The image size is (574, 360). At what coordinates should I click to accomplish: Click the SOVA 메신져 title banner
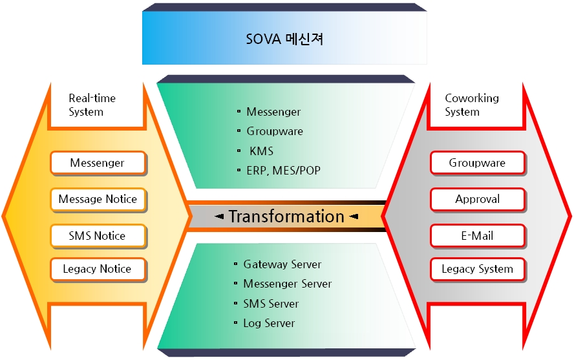pos(284,39)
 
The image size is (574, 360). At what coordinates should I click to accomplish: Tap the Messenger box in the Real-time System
pos(98,163)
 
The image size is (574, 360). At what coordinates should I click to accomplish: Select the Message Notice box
pos(98,199)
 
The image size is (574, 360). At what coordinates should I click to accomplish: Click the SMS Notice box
pos(98,235)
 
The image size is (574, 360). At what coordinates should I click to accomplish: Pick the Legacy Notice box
pos(98,269)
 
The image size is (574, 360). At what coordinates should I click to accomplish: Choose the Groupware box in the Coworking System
pos(477,163)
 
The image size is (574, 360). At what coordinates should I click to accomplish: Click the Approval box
pos(477,199)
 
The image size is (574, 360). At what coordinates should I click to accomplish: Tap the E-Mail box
pos(477,235)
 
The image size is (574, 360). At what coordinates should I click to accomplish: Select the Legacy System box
pos(477,269)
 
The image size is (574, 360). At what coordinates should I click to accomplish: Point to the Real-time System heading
pos(92,105)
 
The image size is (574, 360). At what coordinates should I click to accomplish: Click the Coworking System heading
pos(472,105)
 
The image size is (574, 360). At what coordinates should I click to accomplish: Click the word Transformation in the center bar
pos(286,217)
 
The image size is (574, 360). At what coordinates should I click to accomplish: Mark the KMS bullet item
pos(261,151)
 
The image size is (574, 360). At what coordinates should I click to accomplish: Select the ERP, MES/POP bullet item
pos(283,171)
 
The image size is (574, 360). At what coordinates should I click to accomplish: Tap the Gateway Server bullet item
pos(282,264)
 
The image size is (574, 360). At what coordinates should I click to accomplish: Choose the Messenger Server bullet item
pos(287,284)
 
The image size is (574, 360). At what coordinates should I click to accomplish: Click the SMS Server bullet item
pos(271,304)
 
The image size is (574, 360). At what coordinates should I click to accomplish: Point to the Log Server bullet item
pos(269,323)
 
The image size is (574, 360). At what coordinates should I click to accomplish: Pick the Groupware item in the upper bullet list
pos(274,131)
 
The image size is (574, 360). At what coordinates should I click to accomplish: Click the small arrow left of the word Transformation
pos(220,217)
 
